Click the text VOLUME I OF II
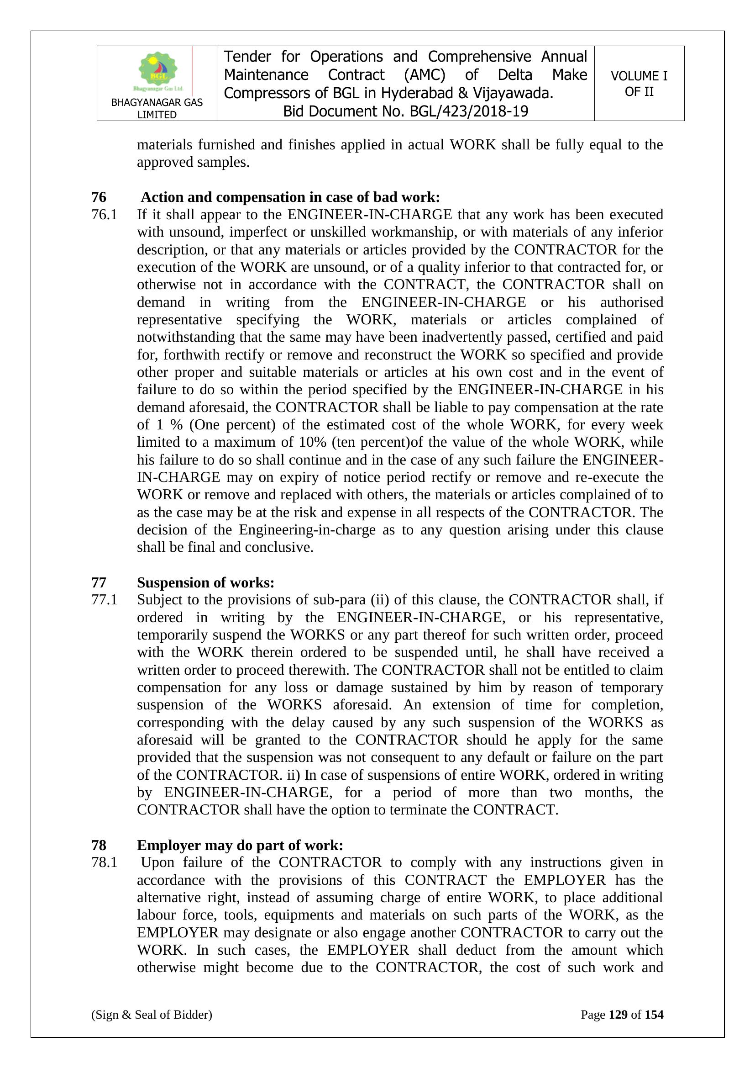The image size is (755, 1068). (639, 84)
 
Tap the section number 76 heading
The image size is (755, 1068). (99, 197)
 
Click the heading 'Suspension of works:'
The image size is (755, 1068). (205, 582)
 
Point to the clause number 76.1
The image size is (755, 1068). (104, 214)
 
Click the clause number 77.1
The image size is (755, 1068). (104, 600)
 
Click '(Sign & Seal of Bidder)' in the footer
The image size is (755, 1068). (152, 1015)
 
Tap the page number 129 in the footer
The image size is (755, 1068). (618, 1015)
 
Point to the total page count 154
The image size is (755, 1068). (654, 1015)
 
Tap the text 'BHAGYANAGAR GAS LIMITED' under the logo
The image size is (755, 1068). (157, 108)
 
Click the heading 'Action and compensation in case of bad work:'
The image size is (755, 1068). (290, 197)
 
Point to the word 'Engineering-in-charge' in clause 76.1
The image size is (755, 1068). (307, 530)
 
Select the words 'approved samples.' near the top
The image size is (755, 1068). (193, 162)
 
